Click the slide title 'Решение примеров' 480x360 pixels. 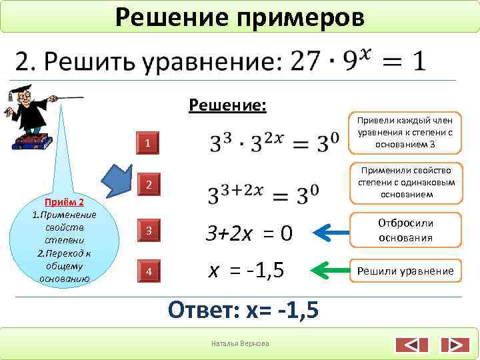click(x=240, y=16)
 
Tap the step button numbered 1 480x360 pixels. click(x=150, y=143)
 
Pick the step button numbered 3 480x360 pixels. click(x=150, y=231)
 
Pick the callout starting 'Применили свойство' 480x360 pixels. click(x=406, y=182)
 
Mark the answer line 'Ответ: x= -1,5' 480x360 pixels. click(x=243, y=310)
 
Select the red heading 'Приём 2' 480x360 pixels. click(x=63, y=201)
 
